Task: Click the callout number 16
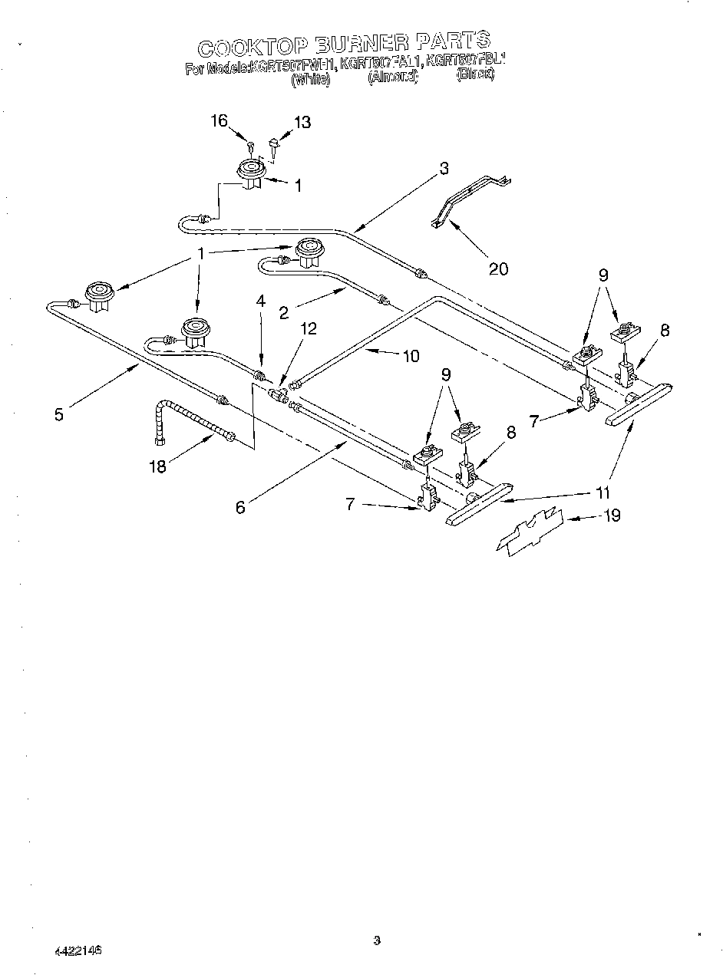pos(219,120)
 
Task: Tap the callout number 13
pos(302,123)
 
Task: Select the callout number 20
pos(498,268)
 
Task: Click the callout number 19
pos(611,515)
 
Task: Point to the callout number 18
pos(157,466)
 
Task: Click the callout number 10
pos(411,355)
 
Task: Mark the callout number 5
pos(60,414)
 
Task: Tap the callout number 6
pos(240,507)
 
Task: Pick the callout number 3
pos(444,170)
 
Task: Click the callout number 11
pos(606,493)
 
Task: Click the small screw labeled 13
pos(273,146)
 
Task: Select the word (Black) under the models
pos(474,76)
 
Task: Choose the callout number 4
pos(260,302)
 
